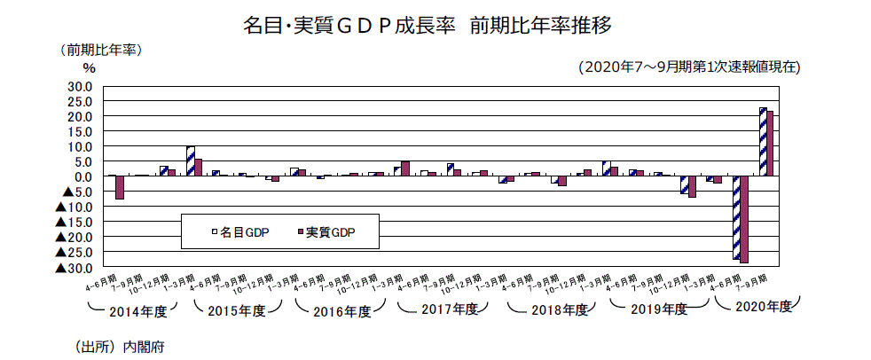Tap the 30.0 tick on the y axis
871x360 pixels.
tap(79, 86)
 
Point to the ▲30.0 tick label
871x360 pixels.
tap(74, 268)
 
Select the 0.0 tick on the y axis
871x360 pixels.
tap(82, 176)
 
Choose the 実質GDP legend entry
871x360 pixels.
tap(326, 232)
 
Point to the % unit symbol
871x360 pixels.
tap(89, 67)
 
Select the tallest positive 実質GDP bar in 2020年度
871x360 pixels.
tap(770, 144)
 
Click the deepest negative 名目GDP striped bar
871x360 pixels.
tap(736, 217)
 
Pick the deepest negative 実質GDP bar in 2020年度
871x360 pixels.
tap(744, 220)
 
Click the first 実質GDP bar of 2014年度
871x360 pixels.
tap(119, 187)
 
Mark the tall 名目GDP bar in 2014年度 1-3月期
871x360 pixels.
tap(190, 161)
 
